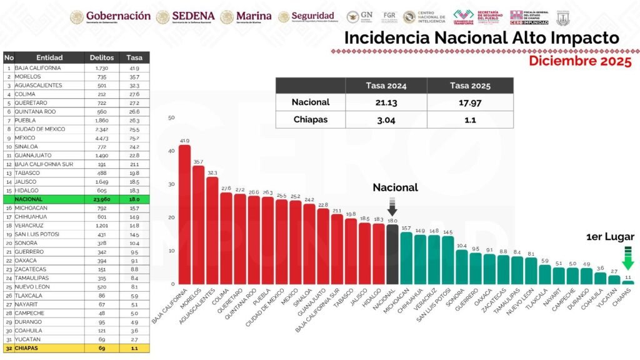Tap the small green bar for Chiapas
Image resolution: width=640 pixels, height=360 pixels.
628,282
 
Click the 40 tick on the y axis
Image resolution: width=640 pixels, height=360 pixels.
171,151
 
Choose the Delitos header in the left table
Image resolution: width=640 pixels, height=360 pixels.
101,57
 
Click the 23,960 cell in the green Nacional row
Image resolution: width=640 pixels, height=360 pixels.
101,199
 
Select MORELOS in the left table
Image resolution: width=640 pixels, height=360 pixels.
27,76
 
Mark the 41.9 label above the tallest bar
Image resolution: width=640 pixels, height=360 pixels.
184,141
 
